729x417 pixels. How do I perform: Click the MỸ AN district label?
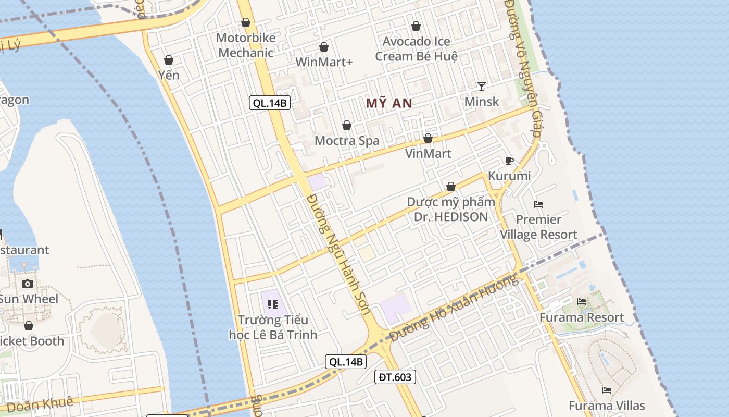[x=389, y=103]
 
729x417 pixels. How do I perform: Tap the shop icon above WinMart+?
[x=324, y=47]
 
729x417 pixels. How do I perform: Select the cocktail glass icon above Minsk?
[x=482, y=86]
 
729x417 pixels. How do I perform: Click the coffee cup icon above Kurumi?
[x=509, y=161]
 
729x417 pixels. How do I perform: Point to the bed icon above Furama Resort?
[x=582, y=302]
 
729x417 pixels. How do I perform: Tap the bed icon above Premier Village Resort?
[x=538, y=204]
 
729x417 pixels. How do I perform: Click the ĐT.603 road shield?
[x=395, y=377]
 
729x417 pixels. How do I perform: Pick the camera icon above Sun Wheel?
[x=28, y=284]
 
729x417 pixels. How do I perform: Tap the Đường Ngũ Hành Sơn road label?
[x=338, y=254]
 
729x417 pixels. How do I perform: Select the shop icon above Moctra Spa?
[x=347, y=125]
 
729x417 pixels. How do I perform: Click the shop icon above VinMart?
[x=428, y=138]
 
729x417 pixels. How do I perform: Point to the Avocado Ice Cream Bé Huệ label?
[x=417, y=48]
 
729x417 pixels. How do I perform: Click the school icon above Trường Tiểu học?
[x=273, y=304]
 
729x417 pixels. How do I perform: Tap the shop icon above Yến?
[x=169, y=60]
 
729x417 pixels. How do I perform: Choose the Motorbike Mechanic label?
[x=246, y=45]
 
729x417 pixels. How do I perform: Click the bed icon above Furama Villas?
[x=607, y=390]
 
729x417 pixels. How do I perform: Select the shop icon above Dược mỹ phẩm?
[x=451, y=187]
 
